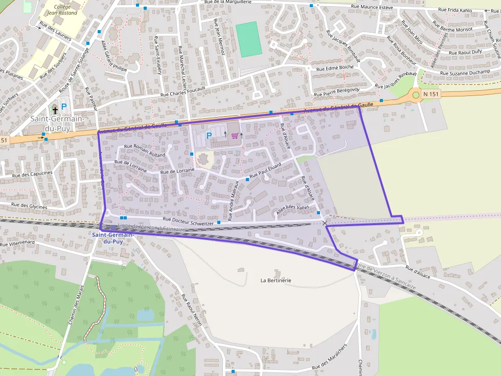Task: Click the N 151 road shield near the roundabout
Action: coord(430,94)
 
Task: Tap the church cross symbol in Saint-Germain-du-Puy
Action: coord(55,109)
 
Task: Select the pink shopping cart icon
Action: coord(235,135)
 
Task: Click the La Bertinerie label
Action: coord(276,280)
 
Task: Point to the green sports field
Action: coord(248,39)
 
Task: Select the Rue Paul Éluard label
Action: coord(266,174)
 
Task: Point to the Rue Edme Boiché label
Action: coord(335,67)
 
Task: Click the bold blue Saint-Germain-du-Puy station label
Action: coord(113,238)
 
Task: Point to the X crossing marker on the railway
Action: coord(325,223)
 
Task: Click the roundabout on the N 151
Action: coord(415,94)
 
